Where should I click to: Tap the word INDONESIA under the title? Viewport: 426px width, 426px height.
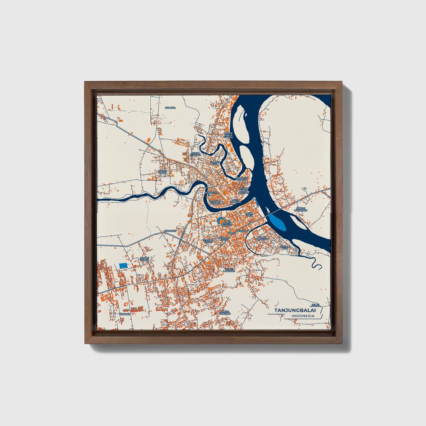303,316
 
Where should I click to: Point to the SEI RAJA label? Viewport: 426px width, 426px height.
170,108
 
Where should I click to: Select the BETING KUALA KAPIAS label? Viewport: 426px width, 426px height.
228,135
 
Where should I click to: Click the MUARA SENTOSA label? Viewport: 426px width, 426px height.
196,154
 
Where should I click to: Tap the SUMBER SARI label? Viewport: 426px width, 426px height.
215,163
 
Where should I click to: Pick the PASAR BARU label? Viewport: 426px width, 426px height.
163,172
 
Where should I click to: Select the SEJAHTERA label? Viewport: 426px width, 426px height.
211,193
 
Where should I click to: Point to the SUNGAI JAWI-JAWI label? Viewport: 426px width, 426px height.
301,210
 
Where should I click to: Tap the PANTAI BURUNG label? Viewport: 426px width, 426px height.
227,224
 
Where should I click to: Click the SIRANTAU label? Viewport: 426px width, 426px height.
170,231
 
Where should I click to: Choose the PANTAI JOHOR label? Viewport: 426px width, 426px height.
144,259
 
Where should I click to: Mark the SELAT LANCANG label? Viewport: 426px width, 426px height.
229,269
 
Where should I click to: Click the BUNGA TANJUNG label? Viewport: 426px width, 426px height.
225,313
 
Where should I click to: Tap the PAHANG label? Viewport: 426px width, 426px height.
125,314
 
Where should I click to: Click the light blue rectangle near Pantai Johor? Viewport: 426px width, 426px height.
123,265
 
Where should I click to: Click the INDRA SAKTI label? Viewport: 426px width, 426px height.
249,214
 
